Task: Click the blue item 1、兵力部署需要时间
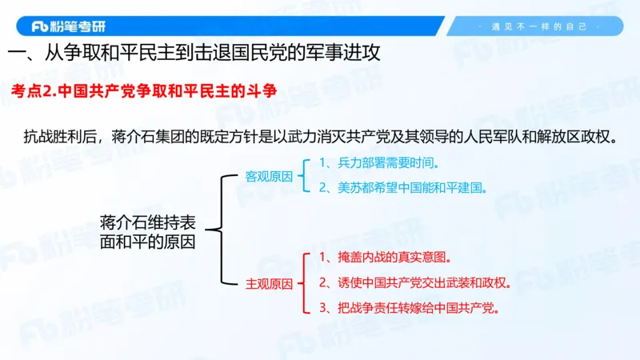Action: (x=379, y=163)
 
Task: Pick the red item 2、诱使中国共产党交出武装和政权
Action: (x=414, y=282)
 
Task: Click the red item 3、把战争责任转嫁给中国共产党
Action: (x=414, y=307)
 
